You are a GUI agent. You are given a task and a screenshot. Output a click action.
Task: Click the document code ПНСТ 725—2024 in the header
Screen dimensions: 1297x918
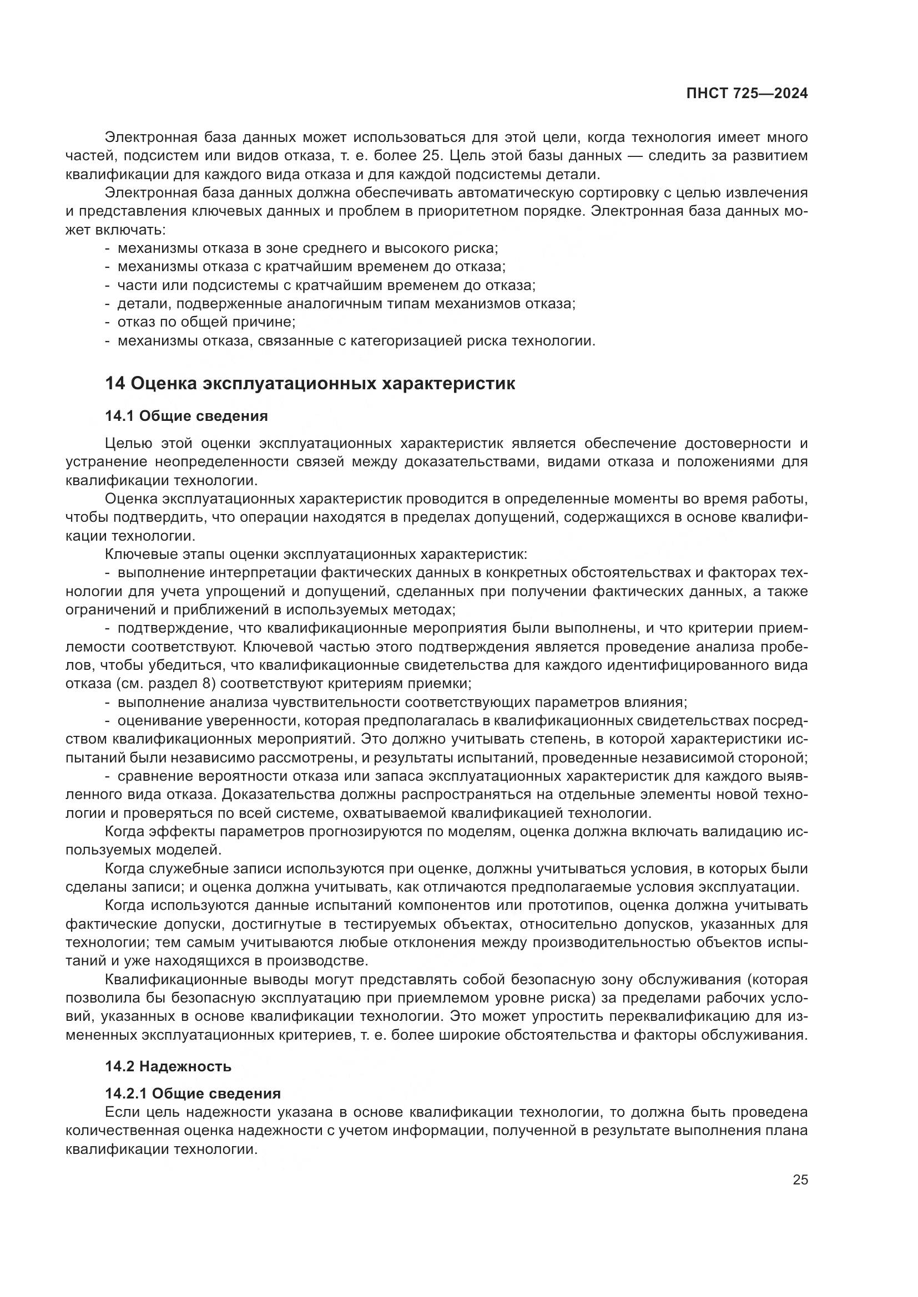pos(746,94)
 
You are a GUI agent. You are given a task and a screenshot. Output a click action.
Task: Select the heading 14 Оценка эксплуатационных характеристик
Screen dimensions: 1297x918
pos(310,384)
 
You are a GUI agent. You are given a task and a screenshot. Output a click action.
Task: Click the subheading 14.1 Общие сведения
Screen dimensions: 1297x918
pos(186,416)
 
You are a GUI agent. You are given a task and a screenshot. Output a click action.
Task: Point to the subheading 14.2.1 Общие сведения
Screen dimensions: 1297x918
pos(192,1093)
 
